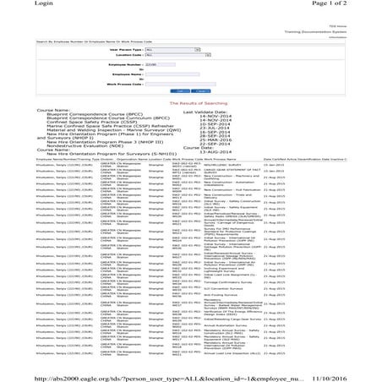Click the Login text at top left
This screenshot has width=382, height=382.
tap(14, 5)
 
